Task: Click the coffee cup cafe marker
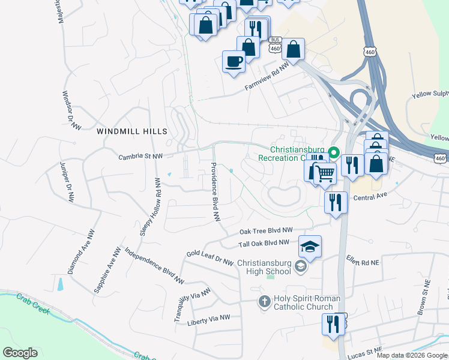234,61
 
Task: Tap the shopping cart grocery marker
325,173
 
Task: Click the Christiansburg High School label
264,267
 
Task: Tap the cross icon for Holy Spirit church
264,302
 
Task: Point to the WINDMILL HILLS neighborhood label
132,131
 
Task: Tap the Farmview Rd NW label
267,79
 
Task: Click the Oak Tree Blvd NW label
266,230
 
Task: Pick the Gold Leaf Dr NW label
209,257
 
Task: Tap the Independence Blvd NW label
154,265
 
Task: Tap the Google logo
20,353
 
